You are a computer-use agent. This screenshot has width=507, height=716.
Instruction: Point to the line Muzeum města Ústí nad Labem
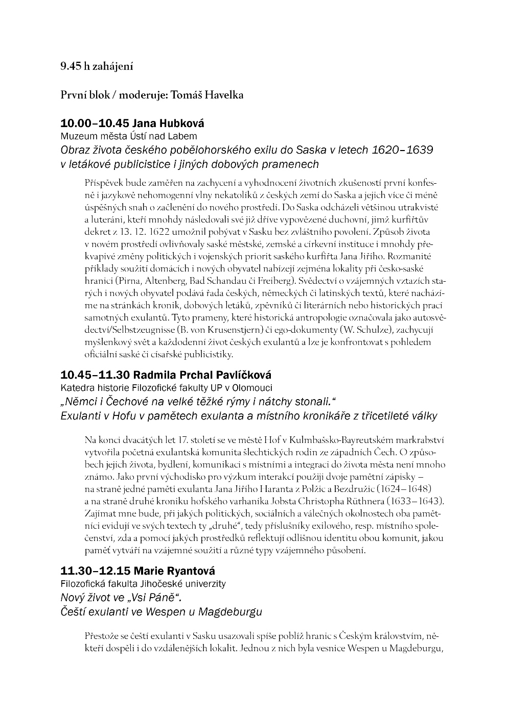[129, 136]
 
